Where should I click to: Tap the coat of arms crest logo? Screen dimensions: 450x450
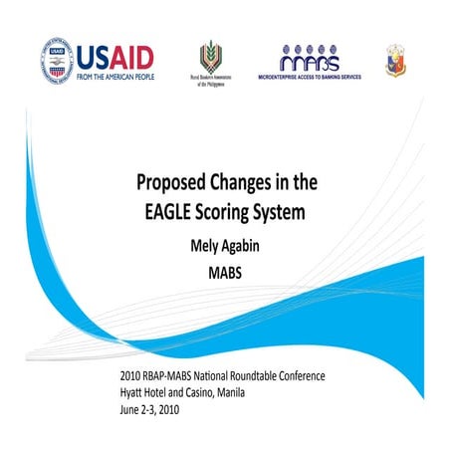(x=394, y=61)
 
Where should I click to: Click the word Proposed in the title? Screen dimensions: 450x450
(x=174, y=182)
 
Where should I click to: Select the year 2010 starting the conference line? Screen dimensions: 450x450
(x=130, y=377)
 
